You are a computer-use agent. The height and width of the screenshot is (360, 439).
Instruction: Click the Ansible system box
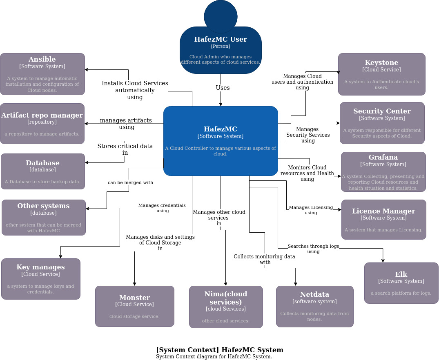(42, 74)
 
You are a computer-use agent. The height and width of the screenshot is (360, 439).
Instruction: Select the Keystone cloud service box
(381, 74)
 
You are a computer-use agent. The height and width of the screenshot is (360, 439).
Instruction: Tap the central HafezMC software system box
(221, 141)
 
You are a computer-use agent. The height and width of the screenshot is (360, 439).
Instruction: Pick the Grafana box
(383, 172)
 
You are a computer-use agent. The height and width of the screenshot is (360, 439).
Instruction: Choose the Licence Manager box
(383, 220)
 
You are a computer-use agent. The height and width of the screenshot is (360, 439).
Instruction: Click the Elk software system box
(401, 283)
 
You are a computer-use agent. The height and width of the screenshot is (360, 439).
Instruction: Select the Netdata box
(314, 306)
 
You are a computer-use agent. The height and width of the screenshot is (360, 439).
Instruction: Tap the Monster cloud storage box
(134, 306)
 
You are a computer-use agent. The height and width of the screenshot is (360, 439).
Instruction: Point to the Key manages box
(40, 279)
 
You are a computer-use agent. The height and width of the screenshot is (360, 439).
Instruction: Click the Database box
(42, 171)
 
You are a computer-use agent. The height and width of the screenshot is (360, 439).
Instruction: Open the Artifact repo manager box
(42, 124)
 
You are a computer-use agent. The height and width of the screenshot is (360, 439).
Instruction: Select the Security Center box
(382, 123)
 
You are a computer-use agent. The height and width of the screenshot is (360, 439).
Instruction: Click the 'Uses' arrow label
(223, 88)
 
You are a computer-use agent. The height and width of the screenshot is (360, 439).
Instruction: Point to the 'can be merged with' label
(130, 182)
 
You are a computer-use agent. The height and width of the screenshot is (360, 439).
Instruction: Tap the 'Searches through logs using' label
(313, 249)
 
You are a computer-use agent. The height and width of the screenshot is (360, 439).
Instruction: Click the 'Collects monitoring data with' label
(264, 259)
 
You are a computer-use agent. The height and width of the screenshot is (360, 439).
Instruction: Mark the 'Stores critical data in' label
(125, 149)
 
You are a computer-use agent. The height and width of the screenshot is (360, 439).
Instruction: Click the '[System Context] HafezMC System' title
(219, 350)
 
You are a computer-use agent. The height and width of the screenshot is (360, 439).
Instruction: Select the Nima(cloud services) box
(225, 307)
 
